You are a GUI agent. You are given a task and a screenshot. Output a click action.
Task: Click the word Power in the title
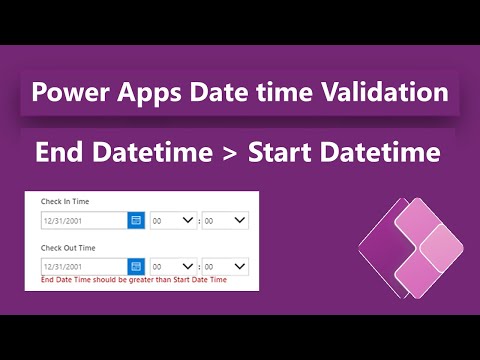point(71,94)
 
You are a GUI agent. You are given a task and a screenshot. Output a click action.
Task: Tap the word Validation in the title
point(391,94)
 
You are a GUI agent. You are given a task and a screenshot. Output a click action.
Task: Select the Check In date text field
point(83,220)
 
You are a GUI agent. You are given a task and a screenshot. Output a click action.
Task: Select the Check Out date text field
point(83,266)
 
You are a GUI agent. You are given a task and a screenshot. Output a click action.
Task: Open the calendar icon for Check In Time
point(136,220)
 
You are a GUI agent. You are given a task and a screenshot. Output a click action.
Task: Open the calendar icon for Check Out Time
point(136,266)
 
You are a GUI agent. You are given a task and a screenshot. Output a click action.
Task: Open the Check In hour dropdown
point(172,220)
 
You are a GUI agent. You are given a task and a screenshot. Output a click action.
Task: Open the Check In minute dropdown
point(224,220)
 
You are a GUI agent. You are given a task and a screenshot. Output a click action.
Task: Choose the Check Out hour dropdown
point(172,266)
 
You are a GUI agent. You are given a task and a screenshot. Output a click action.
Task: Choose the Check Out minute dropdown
point(224,266)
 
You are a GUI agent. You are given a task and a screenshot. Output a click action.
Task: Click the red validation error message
point(134,280)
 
